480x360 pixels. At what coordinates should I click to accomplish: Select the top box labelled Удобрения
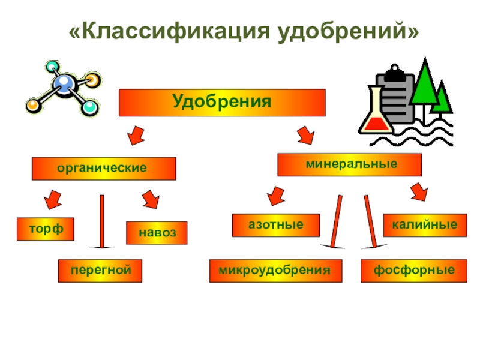[x=222, y=103]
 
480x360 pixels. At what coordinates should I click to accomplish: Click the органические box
[x=103, y=169]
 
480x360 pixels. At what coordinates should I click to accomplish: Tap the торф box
[x=44, y=229]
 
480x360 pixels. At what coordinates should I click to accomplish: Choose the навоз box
[x=157, y=233]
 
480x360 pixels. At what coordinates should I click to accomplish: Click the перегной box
[x=100, y=271]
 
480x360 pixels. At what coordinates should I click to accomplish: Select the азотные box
[x=275, y=224]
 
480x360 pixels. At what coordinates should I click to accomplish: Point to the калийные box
[x=424, y=224]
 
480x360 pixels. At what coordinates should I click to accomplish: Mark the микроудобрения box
[x=275, y=271]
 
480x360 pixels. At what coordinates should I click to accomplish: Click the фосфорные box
[x=413, y=271]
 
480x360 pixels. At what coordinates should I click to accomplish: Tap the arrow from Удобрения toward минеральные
[x=305, y=134]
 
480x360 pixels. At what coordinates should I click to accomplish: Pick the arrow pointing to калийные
[x=418, y=192]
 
